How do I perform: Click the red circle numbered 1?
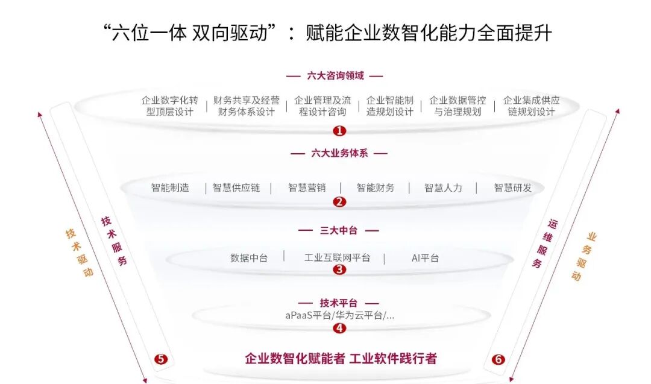[340, 131]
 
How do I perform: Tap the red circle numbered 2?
[340, 202]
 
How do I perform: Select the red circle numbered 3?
[340, 269]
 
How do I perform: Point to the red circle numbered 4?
[340, 328]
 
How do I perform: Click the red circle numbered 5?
[160, 359]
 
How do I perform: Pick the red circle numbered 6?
[498, 359]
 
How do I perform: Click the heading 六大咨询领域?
[335, 76]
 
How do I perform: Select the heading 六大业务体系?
[339, 153]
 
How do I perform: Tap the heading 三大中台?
[339, 230]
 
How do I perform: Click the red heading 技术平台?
[339, 303]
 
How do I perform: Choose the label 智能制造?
[170, 187]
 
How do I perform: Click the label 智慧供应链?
[236, 187]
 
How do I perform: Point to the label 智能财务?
[376, 187]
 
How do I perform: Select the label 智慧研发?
[513, 187]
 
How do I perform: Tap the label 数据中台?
[249, 257]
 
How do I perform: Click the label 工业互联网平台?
[338, 257]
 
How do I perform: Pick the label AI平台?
[425, 257]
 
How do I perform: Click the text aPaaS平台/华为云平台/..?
[340, 315]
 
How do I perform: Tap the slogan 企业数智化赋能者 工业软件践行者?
[341, 359]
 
